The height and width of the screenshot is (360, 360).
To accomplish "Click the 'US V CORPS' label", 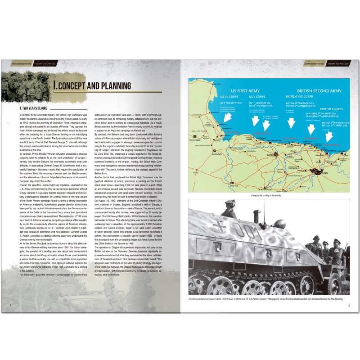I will point(258,96).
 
